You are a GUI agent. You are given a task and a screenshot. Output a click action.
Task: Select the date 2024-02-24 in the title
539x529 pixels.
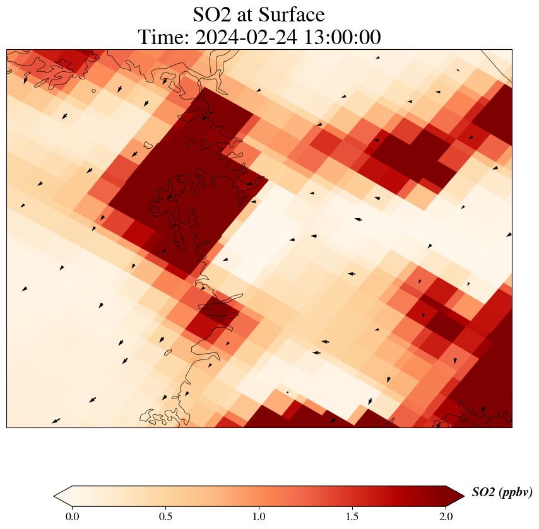[242, 38]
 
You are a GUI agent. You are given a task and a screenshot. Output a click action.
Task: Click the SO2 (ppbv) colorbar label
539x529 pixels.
[502, 492]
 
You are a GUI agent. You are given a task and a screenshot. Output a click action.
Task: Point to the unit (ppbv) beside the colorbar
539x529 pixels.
[515, 492]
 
